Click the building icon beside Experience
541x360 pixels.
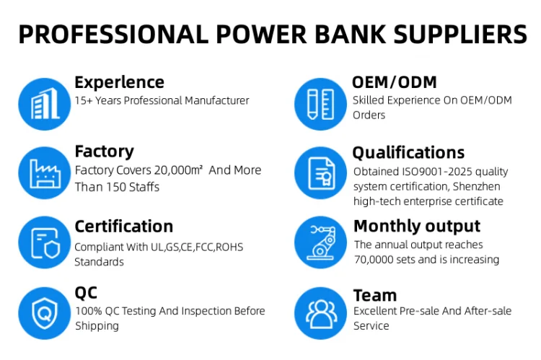[x=45, y=104]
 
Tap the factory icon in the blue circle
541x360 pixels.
[x=45, y=173]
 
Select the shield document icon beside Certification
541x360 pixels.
[x=45, y=243]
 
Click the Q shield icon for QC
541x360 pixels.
[x=45, y=313]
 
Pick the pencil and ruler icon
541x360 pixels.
[x=320, y=104]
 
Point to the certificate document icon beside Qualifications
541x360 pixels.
[x=321, y=173]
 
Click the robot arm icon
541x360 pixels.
[x=320, y=242]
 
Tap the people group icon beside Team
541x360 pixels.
[x=321, y=314]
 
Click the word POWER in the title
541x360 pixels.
[x=261, y=34]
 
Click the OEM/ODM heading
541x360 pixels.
[x=395, y=82]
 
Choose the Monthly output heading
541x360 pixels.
[x=417, y=227]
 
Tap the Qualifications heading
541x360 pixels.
[x=408, y=153]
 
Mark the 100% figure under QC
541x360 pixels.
[x=89, y=311]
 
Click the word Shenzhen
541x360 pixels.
[x=477, y=186]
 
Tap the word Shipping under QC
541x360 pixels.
[x=97, y=326]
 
